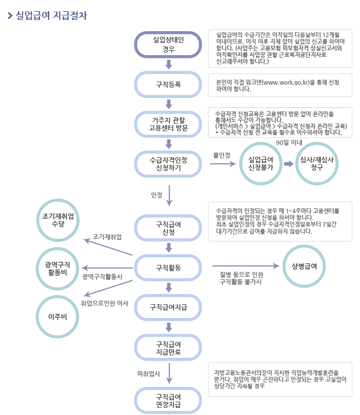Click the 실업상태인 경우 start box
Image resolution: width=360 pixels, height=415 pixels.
point(168,44)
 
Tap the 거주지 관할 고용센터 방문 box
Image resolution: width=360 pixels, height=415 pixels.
point(168,124)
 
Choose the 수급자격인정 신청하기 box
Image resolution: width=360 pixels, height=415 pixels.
point(168,164)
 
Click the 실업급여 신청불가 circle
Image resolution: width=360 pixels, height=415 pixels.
point(261,164)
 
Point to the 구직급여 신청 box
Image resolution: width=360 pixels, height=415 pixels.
point(168,228)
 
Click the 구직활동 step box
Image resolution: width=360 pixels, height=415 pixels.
point(168,267)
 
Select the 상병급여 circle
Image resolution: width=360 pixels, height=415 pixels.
point(304,266)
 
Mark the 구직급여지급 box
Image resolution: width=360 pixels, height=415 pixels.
point(168,307)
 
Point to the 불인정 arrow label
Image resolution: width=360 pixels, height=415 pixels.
point(221,155)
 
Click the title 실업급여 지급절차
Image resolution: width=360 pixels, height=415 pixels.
point(52,16)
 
